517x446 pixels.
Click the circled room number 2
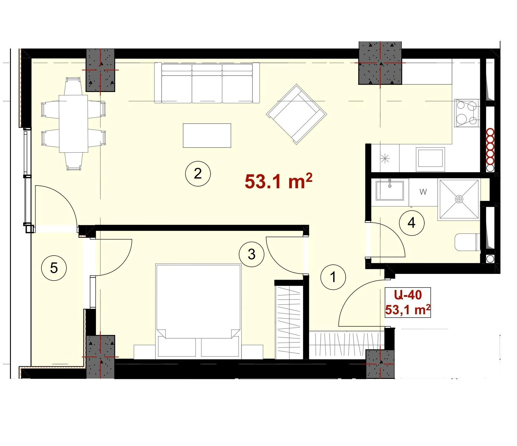198,174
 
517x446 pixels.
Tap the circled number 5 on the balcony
54,268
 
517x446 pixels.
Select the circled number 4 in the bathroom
412,223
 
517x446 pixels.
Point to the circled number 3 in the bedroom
252,254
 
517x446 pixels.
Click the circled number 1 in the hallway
333,277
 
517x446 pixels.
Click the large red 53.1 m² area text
279,181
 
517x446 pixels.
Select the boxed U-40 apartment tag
408,302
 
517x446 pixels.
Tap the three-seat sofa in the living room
207,83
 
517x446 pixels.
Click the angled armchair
296,114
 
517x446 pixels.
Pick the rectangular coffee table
207,135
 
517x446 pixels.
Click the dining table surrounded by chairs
74,124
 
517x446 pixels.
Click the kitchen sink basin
430,158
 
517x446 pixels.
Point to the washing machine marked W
423,192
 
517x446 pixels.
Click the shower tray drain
459,199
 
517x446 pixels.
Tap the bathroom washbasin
390,190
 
